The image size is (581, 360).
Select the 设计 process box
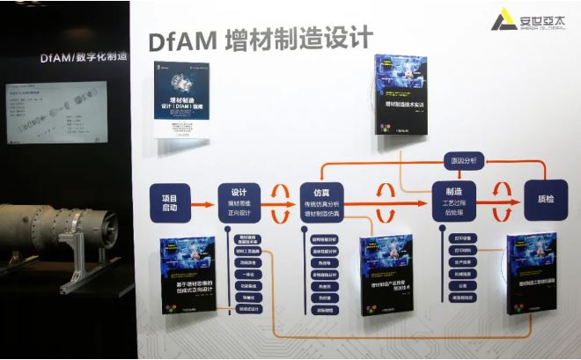click(x=239, y=203)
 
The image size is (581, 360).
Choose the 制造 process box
click(x=453, y=203)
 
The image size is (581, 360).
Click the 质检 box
click(x=546, y=201)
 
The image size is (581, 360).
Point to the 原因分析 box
click(x=463, y=160)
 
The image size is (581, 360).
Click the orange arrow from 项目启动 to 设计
click(x=202, y=204)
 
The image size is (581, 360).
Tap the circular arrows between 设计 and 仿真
click(x=280, y=203)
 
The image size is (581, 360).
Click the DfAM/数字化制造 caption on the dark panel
click(x=83, y=57)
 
